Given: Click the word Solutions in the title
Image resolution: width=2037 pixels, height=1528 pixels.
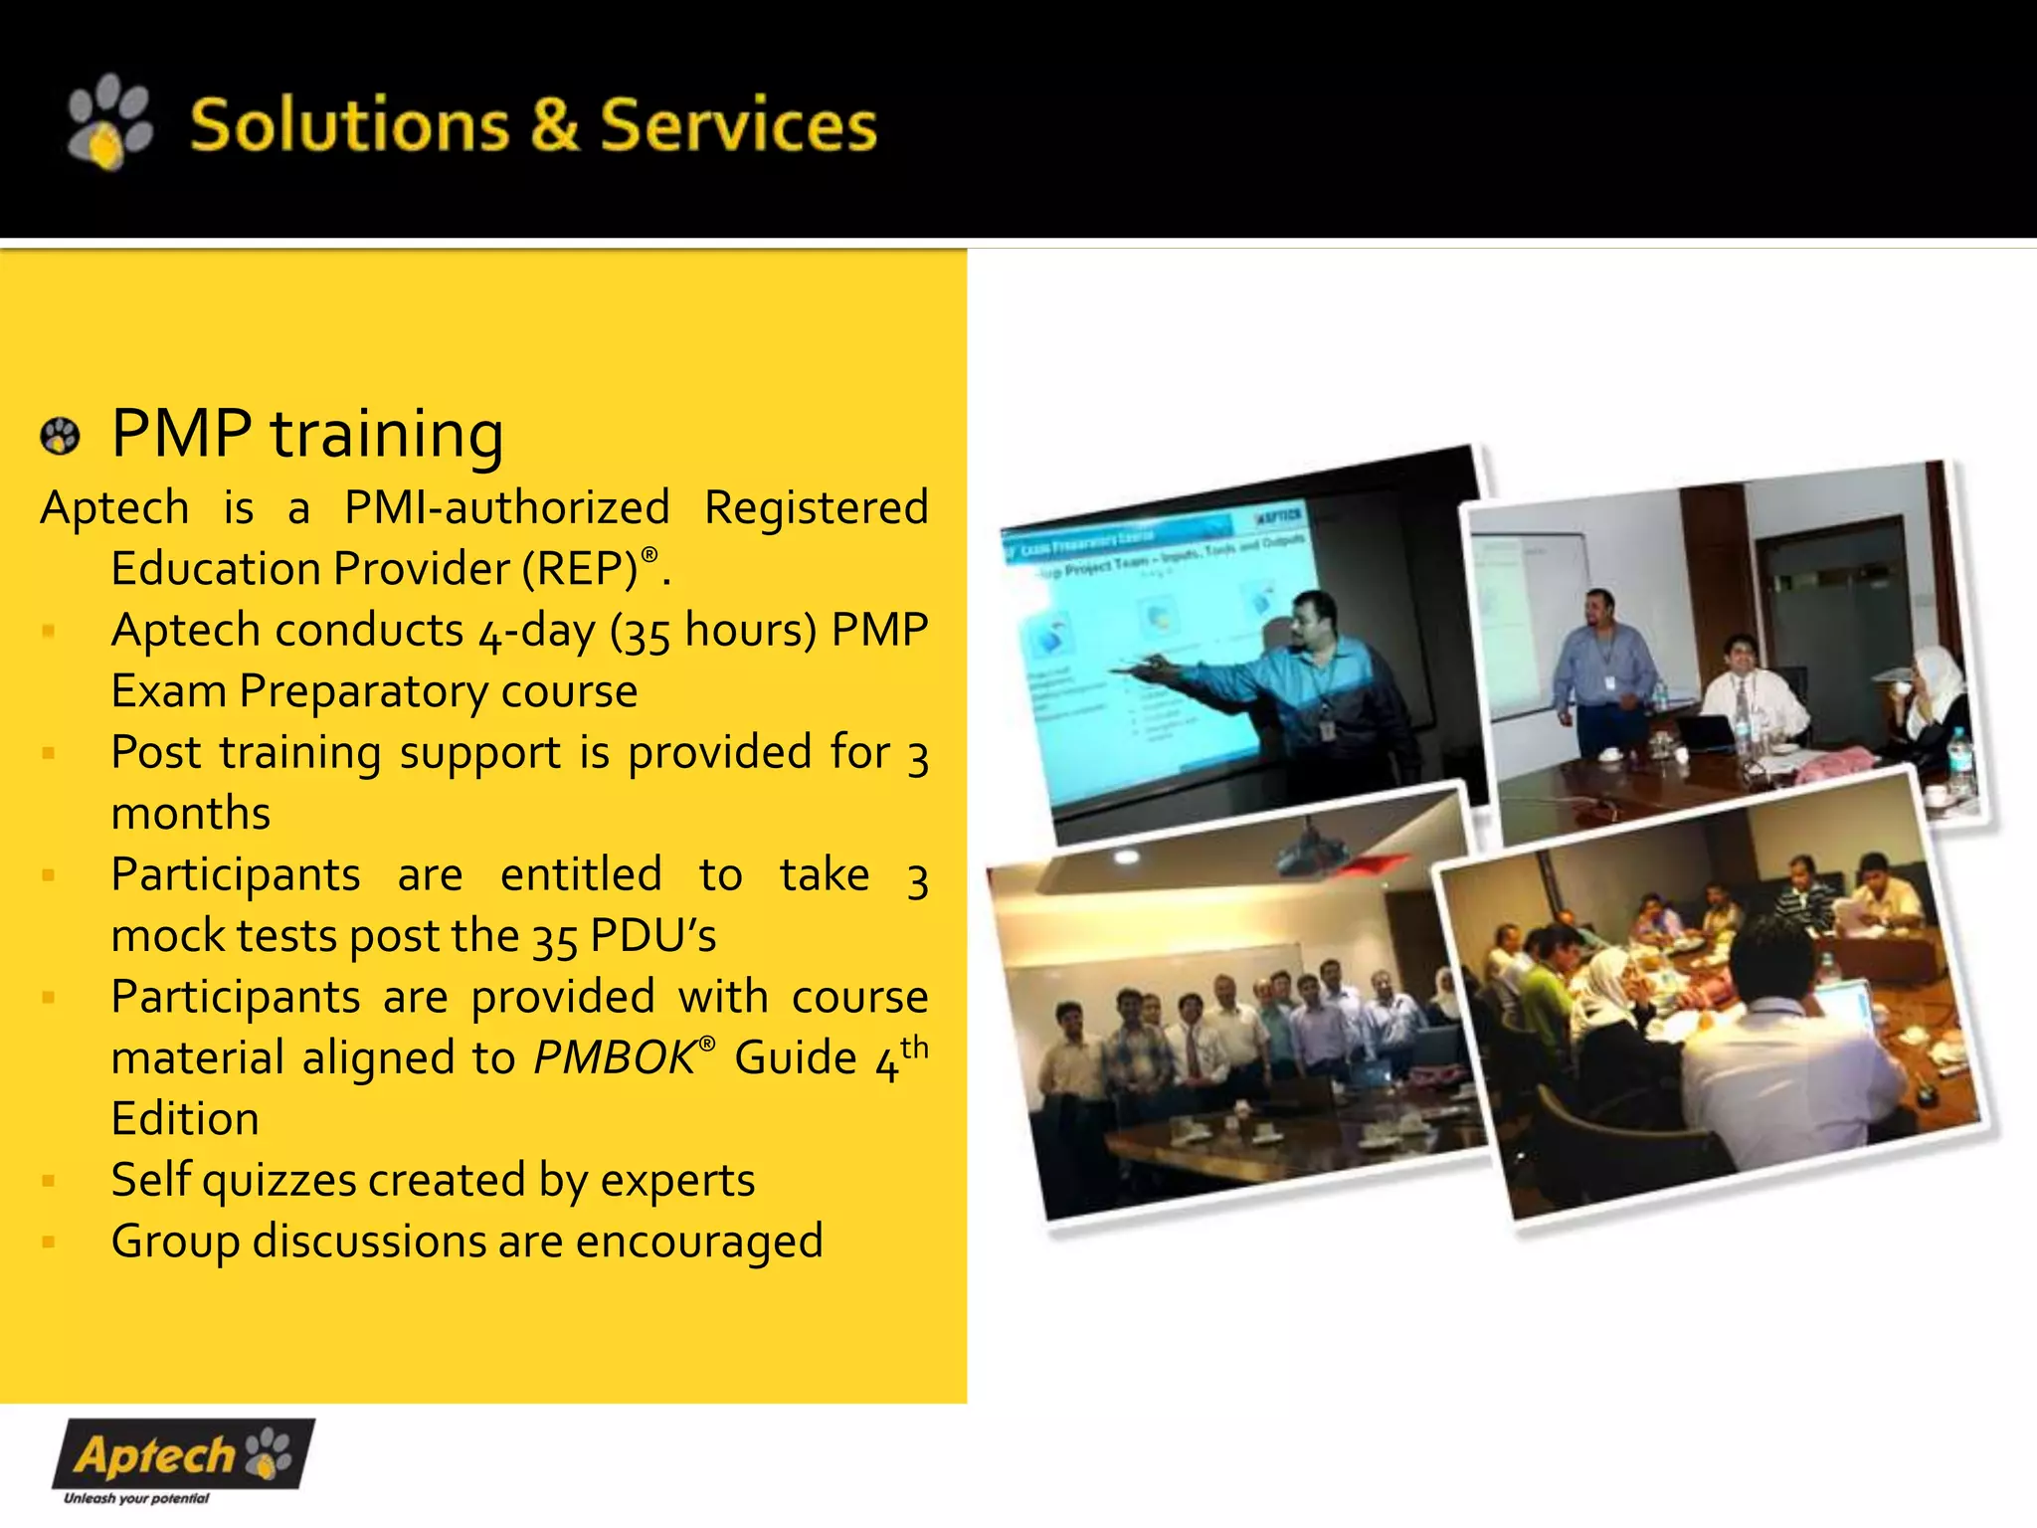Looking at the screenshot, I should [348, 126].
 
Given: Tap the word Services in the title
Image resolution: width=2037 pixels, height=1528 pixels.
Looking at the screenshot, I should [738, 126].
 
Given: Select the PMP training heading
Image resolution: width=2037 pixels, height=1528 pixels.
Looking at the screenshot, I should [307, 435].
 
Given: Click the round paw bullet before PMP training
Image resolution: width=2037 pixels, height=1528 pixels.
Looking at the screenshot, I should [60, 436].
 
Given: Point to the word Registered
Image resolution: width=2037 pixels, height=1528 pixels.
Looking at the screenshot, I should [816, 508].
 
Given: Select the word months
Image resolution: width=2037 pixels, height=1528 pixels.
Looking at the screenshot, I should [191, 814].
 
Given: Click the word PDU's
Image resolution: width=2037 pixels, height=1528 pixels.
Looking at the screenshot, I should [652, 936].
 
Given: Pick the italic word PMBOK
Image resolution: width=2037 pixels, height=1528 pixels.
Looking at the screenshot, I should [614, 1058].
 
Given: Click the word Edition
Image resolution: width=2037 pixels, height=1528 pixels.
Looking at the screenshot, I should [185, 1120].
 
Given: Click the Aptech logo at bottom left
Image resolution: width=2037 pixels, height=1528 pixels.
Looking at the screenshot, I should [183, 1454].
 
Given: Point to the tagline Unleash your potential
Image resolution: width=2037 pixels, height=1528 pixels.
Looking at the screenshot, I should [136, 1498].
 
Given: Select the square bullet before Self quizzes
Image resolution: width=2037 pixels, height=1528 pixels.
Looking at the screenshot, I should [48, 1182].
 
